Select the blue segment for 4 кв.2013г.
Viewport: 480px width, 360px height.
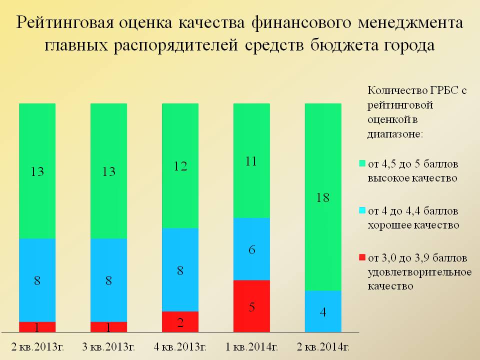(180, 270)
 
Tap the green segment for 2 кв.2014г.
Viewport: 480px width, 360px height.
(323, 197)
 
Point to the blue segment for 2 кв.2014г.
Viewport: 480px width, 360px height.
(323, 311)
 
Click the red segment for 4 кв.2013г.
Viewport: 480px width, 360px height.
(180, 321)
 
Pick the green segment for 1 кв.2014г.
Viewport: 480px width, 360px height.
(252, 160)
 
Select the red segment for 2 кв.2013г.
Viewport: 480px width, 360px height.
(37, 327)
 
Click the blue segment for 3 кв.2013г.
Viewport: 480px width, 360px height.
(109, 280)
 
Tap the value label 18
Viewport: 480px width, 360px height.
(323, 198)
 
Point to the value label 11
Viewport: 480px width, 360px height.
(252, 161)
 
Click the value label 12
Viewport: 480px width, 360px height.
(180, 166)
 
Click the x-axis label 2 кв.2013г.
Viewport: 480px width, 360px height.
(36, 347)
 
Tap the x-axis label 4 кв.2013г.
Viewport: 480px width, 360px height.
(179, 347)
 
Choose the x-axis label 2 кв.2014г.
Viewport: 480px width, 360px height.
(322, 347)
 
